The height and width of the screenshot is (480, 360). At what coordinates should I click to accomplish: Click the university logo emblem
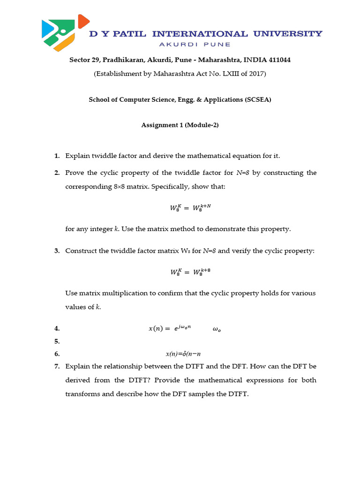65,33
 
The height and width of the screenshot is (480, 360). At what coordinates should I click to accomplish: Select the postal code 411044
282,60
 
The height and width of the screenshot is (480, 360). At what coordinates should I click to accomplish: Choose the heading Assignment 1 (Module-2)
180,125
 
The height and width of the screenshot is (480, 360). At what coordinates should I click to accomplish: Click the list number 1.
57,156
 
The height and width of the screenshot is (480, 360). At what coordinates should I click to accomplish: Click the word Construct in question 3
81,251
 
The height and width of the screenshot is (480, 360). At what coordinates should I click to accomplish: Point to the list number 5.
57,341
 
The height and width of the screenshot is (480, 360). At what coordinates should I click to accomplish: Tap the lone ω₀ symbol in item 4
217,330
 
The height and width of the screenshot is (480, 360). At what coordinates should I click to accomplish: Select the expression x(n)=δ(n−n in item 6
186,354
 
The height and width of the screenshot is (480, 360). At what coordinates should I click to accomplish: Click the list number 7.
57,366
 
